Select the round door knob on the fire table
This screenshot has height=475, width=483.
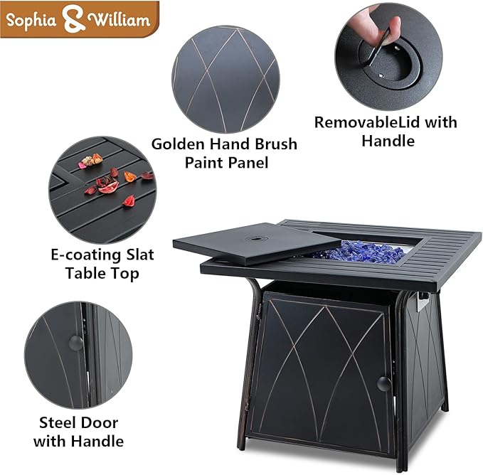click(383, 383)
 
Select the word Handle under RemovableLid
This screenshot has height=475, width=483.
click(388, 141)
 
